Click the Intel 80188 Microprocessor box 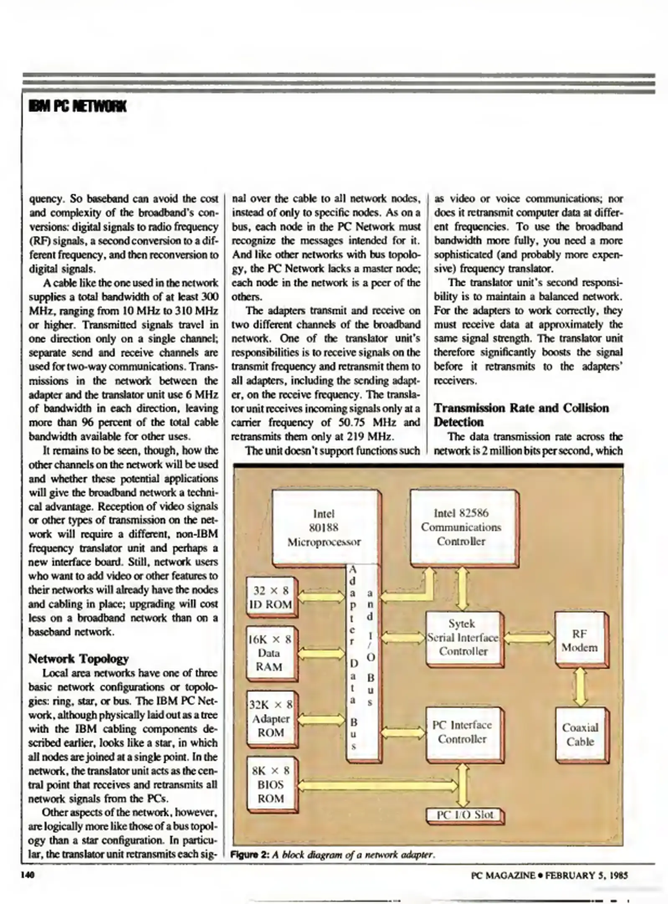pos(324,527)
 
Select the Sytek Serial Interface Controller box pos(463,638)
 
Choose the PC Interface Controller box pos(462,732)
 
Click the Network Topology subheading pos(78,659)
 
